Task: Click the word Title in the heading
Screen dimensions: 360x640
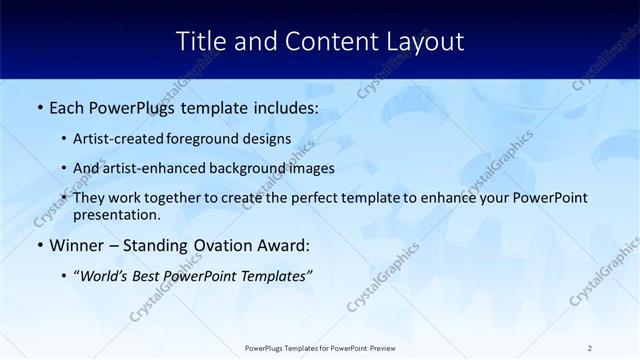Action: click(200, 41)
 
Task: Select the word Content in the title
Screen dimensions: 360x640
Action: click(321, 41)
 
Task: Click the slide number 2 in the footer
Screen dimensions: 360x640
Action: click(590, 348)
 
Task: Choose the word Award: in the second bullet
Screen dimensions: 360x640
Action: click(282, 245)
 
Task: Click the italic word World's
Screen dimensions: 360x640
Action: click(103, 275)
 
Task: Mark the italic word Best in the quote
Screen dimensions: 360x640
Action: click(150, 275)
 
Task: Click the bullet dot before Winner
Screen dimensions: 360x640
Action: click(39, 246)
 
